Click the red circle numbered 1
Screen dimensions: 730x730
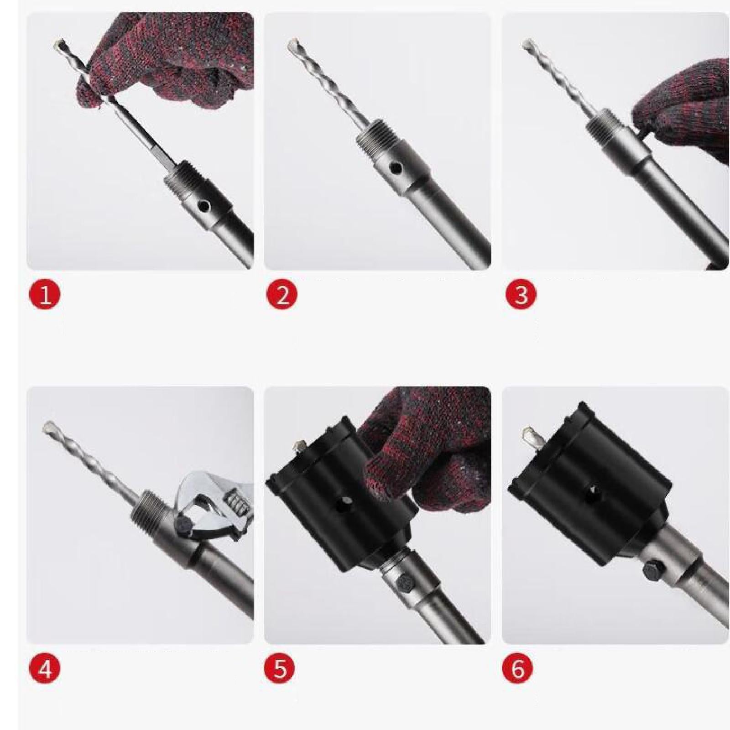(45, 295)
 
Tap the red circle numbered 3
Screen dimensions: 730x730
(521, 295)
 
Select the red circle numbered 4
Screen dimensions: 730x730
(45, 669)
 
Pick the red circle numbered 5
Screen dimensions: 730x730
(280, 669)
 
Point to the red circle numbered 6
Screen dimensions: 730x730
(518, 669)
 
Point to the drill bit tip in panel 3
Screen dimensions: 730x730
(528, 45)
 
